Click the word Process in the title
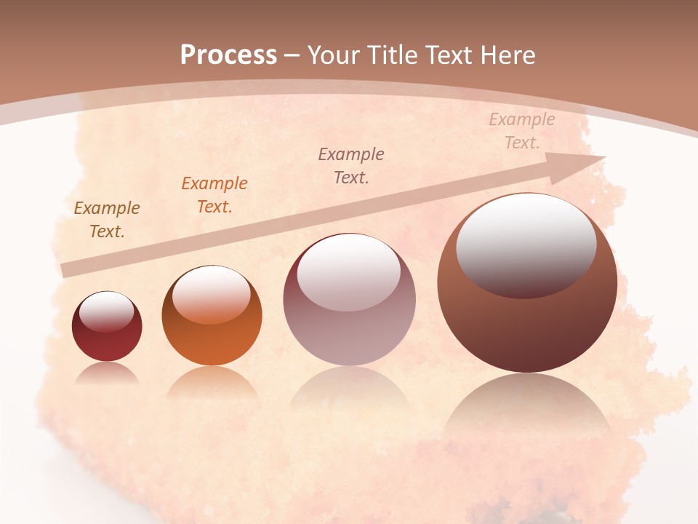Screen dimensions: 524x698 228,55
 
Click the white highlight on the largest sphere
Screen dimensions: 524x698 526,244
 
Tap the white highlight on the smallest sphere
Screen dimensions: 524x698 106,311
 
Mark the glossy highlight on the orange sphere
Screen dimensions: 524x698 211,293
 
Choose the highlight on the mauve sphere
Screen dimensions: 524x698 348,271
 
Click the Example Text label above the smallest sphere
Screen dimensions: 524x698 107,220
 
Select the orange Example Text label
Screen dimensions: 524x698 214,195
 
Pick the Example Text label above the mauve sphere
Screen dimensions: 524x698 351,165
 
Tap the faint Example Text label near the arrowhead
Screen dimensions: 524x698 521,131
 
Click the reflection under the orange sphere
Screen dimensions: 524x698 212,382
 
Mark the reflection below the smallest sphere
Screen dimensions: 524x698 107,373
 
